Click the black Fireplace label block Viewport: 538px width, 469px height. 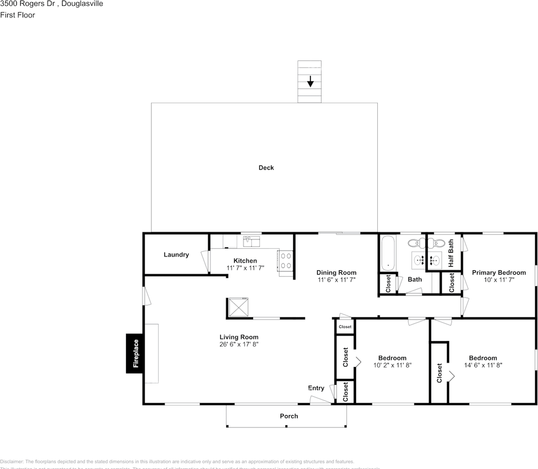[x=136, y=353]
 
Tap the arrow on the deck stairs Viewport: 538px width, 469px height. [x=310, y=82]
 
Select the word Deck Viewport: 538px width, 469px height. [x=266, y=168]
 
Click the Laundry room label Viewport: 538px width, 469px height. [x=176, y=255]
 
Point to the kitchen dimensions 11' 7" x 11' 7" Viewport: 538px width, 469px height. [x=245, y=268]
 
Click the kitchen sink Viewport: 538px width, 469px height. [x=251, y=241]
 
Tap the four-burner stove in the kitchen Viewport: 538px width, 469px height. [x=286, y=260]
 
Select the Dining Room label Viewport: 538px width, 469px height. [x=336, y=273]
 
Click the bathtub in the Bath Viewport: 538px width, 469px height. [x=387, y=253]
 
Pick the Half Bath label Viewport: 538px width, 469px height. [x=451, y=253]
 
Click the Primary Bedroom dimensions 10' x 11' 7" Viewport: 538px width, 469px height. [x=498, y=280]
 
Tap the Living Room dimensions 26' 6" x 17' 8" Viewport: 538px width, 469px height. [x=238, y=344]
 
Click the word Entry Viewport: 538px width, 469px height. [x=316, y=388]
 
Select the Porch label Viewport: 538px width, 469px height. [x=289, y=416]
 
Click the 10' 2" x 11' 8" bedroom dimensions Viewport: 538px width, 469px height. [x=392, y=365]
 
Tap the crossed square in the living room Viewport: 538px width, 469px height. [x=238, y=307]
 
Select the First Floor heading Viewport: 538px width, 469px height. [x=18, y=15]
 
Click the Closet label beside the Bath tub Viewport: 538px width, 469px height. [x=388, y=284]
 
